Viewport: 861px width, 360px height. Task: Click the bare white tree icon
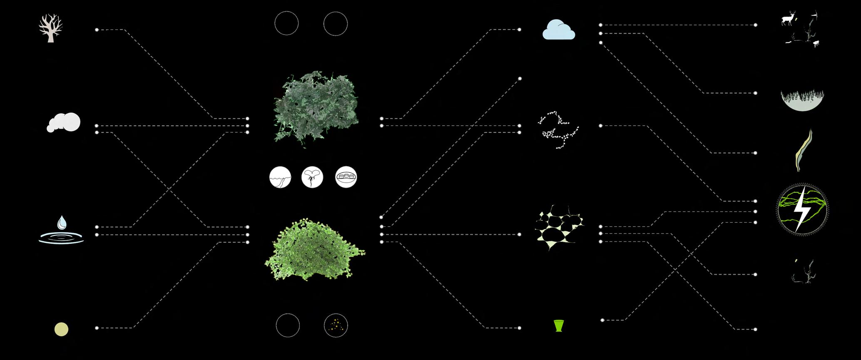tap(50, 28)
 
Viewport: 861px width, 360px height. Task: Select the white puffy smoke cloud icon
tap(64, 122)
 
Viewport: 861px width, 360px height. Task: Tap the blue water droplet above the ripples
tap(62, 222)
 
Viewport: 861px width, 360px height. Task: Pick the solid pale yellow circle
tap(61, 329)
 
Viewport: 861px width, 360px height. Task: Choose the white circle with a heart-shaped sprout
tap(312, 177)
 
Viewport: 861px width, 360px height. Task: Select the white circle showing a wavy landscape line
tap(280, 177)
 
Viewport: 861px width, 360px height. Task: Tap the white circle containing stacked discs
tap(346, 177)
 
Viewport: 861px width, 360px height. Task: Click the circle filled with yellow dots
tap(336, 325)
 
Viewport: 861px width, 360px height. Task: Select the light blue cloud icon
tap(559, 30)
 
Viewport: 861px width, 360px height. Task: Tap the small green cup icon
tap(558, 325)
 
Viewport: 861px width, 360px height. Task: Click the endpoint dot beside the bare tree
tap(97, 30)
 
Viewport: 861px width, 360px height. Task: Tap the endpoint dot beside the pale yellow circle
tap(97, 328)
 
